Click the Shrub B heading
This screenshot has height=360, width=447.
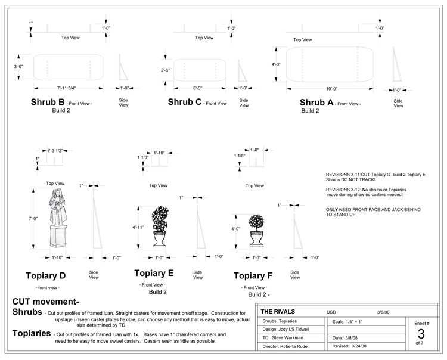coord(47,102)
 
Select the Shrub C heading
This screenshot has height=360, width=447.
coord(185,102)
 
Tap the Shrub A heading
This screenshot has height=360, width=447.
coord(316,103)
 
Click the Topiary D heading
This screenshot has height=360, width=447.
coord(46,275)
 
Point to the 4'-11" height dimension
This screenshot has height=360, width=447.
coord(139,227)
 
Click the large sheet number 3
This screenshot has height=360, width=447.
coord(421,334)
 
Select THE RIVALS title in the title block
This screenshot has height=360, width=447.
coord(279,311)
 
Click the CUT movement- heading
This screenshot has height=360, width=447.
coord(46,302)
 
